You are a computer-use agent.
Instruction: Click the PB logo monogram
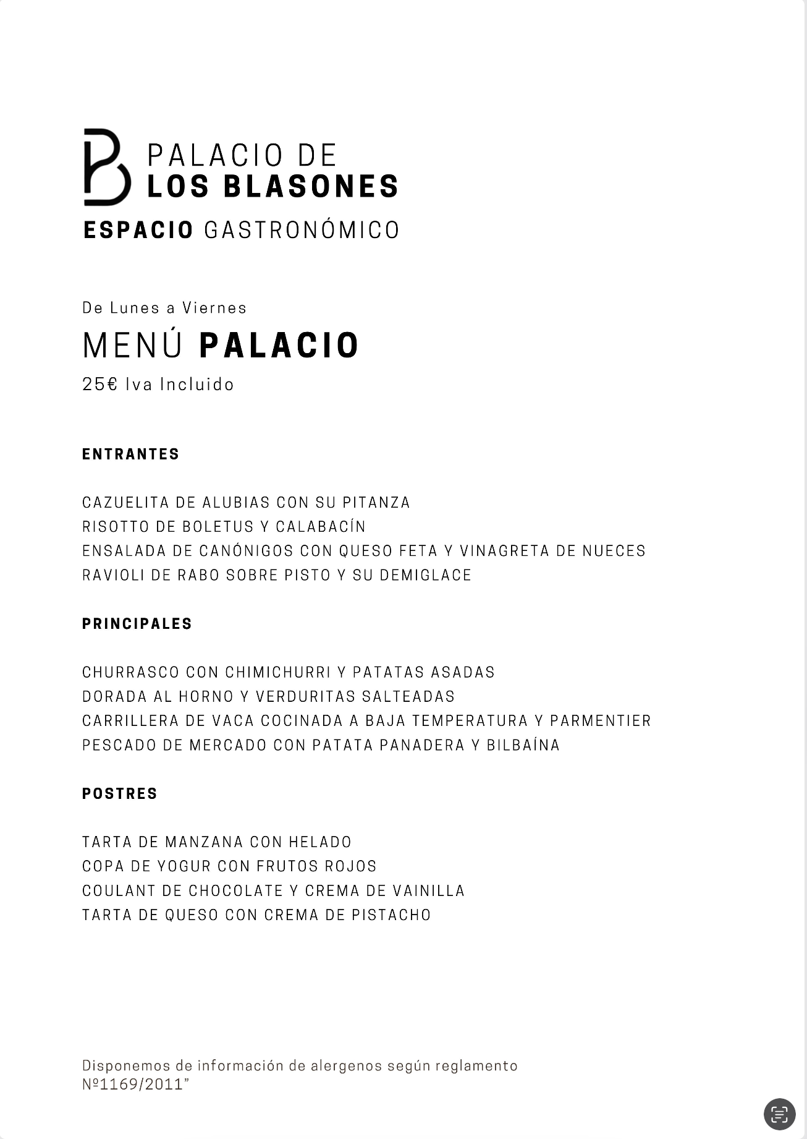point(106,167)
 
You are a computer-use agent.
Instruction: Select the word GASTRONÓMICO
point(302,230)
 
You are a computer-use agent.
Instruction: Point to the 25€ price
point(99,384)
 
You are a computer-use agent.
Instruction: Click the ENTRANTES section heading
point(130,454)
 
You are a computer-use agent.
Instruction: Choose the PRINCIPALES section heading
point(137,624)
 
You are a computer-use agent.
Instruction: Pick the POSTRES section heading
point(120,793)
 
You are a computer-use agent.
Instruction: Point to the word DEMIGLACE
point(425,575)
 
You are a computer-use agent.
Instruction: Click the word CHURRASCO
point(131,672)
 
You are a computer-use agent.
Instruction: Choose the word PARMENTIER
point(600,721)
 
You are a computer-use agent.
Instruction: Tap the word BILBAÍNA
point(523,745)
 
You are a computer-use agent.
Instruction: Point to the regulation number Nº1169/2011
point(133,1084)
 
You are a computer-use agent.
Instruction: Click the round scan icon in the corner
point(779,1114)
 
